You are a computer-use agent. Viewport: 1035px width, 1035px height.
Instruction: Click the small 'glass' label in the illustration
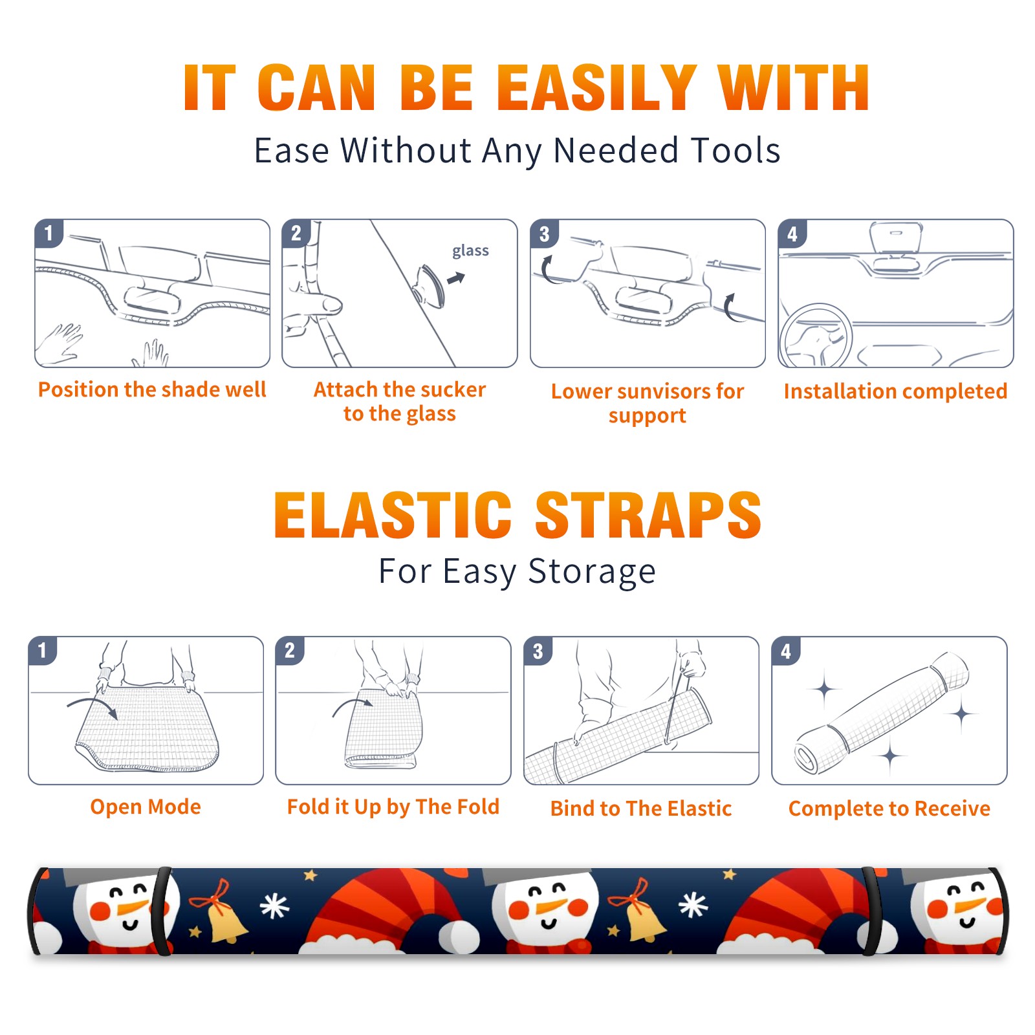pos(470,251)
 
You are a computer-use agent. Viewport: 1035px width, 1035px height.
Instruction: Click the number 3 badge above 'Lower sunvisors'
pos(544,234)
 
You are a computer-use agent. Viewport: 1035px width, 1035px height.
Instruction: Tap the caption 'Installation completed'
pos(895,391)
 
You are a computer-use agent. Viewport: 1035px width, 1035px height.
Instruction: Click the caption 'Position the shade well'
pos(152,389)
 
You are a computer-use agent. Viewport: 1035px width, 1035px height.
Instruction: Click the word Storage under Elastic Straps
pos(592,571)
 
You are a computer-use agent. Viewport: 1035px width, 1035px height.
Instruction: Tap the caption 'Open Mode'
pos(146,807)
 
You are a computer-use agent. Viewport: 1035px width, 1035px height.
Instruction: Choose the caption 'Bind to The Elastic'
pos(641,809)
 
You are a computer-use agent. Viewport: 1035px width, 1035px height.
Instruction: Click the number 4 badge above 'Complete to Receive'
pos(786,651)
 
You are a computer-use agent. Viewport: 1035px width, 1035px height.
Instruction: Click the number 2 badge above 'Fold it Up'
pos(289,651)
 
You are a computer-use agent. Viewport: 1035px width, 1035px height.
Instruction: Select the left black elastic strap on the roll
pos(163,911)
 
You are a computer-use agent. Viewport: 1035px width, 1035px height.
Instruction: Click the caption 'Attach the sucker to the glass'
pos(400,401)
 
